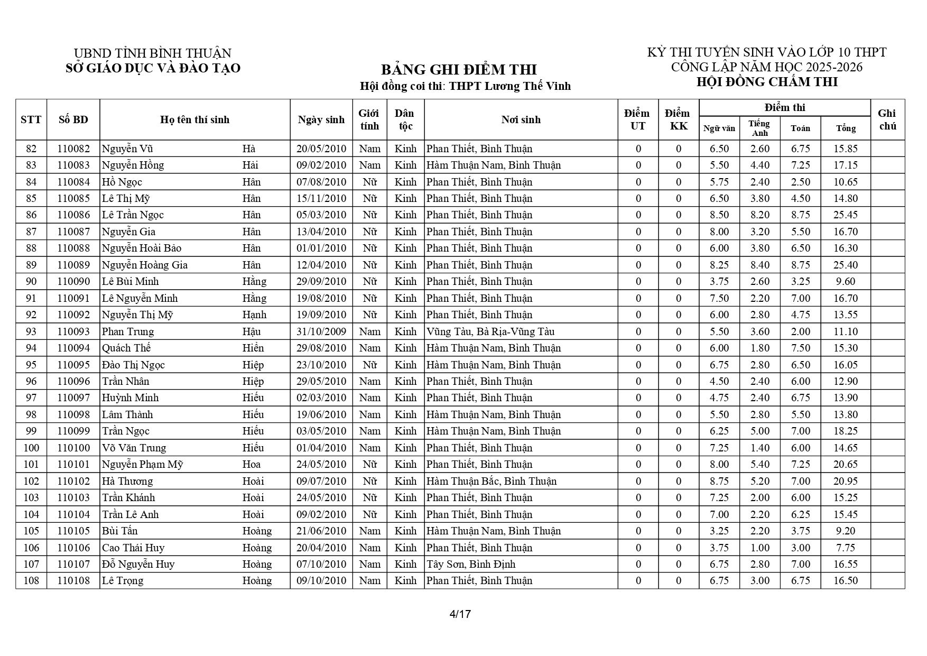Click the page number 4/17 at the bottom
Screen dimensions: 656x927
click(x=460, y=614)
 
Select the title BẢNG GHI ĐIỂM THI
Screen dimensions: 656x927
click(x=458, y=70)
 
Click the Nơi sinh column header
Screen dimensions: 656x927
click(x=521, y=119)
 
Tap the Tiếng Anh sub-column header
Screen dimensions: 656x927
click(x=759, y=128)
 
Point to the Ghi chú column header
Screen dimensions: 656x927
click(x=887, y=119)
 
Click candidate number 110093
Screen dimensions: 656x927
click(x=73, y=332)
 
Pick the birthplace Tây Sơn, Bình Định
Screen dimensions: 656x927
click(x=470, y=565)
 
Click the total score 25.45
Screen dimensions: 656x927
click(x=845, y=215)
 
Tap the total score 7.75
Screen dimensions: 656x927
click(x=845, y=548)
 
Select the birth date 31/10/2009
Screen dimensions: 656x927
click(x=321, y=332)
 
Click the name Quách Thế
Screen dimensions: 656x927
click(x=126, y=348)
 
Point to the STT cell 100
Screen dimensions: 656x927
click(x=31, y=448)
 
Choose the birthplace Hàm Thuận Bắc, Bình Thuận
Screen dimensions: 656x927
click(x=491, y=482)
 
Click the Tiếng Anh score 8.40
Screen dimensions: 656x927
click(x=759, y=265)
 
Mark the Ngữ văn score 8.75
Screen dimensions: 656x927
click(x=719, y=482)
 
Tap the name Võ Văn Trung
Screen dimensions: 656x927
click(x=134, y=448)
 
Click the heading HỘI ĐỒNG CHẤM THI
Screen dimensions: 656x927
click(x=767, y=82)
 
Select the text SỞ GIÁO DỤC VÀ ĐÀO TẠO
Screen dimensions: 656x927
click(x=153, y=68)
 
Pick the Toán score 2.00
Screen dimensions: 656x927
click(x=800, y=332)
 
